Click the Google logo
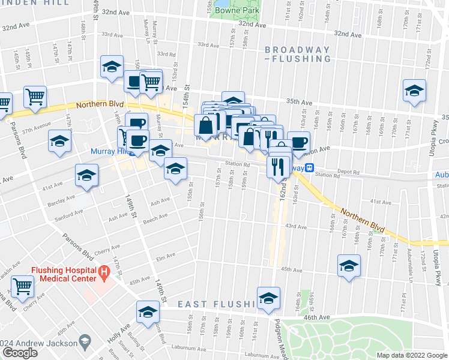[x=20, y=353]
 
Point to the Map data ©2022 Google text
[x=412, y=355]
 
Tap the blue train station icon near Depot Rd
[x=310, y=169]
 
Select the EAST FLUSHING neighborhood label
[x=217, y=305]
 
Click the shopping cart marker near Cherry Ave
[x=23, y=286]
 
